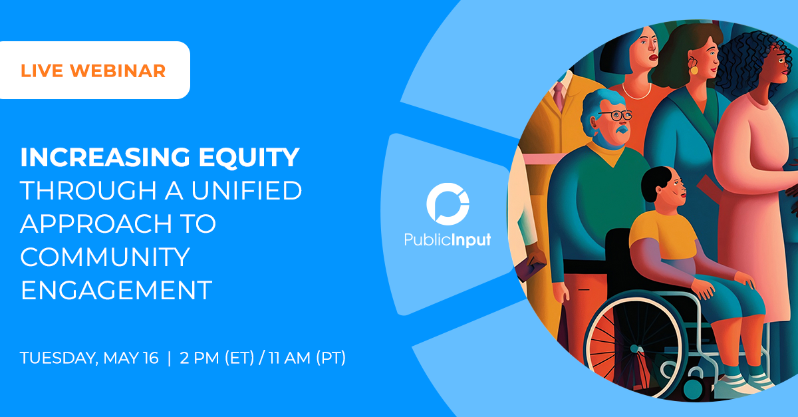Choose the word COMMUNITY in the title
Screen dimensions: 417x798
point(105,257)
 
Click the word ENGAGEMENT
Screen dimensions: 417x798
point(116,291)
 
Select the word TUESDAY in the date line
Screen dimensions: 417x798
point(60,358)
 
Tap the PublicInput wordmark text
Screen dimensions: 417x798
point(448,239)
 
